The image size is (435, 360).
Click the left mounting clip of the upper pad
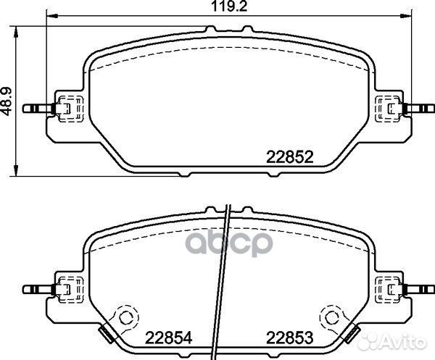coord(66,109)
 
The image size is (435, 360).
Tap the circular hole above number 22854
coord(128,317)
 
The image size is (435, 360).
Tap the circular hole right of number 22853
coord(332,317)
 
